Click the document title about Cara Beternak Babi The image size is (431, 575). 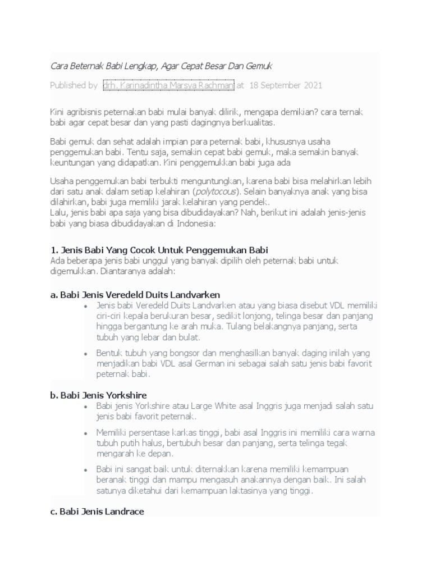pos(161,66)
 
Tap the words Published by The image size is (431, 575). pos(74,85)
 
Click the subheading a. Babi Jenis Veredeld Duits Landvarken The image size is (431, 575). pos(135,294)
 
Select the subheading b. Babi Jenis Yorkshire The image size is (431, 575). pos(98,395)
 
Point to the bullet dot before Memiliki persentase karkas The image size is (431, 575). pos(85,433)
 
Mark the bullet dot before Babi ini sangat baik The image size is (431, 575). pos(85,469)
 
